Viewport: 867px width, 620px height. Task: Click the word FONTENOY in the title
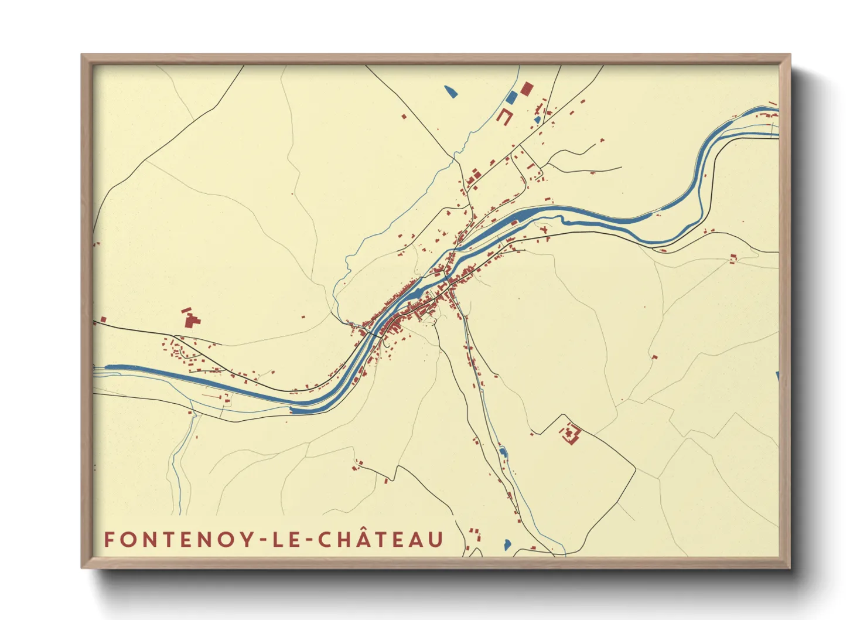[179, 540]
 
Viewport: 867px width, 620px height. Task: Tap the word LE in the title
[285, 540]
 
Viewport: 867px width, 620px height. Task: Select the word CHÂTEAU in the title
[381, 540]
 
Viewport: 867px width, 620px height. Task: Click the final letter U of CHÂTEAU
[435, 540]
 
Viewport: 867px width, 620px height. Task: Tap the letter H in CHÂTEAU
[343, 540]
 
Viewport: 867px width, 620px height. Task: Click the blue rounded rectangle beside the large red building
[511, 97]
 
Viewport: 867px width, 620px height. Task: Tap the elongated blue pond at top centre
[450, 91]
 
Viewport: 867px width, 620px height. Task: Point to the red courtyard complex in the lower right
[571, 434]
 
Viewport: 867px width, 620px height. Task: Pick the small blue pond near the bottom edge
[507, 544]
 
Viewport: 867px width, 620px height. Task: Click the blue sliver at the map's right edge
[777, 377]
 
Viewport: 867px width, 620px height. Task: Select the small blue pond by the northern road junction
[537, 120]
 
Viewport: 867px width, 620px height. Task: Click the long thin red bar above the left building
[186, 309]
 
